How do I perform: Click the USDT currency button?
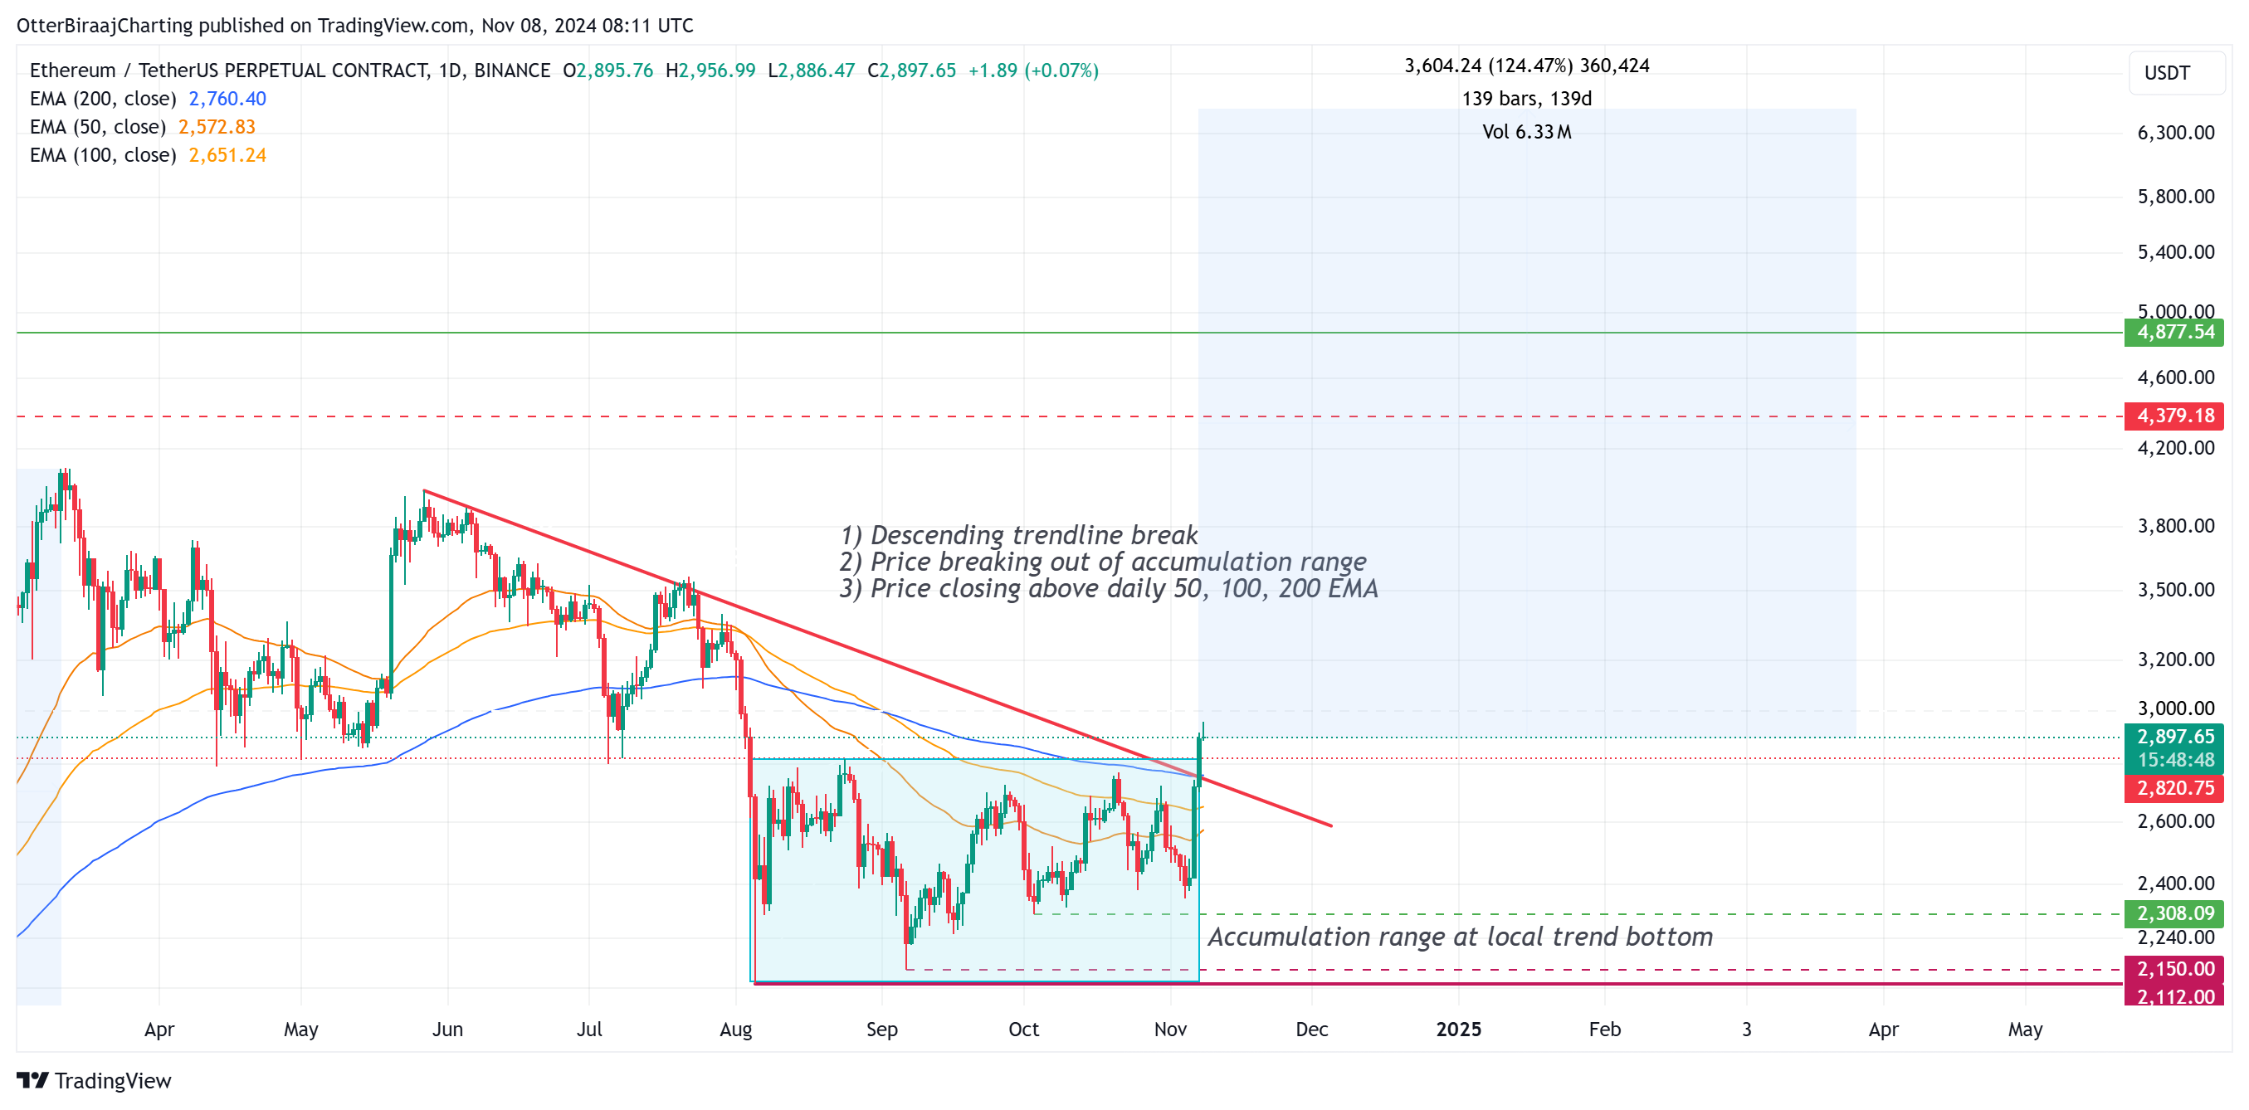[2167, 73]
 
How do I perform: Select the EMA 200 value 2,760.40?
[227, 100]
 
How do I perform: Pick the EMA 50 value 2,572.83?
[217, 128]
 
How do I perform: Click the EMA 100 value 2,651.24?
[227, 155]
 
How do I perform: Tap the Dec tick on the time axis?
[1311, 1030]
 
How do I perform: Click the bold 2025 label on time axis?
[1458, 1030]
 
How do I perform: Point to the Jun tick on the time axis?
[447, 1030]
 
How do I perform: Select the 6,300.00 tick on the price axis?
[2175, 134]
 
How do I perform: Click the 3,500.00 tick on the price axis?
[2175, 590]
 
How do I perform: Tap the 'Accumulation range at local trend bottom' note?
[1459, 937]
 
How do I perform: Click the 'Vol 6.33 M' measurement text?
[1526, 133]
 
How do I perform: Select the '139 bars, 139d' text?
[1526, 100]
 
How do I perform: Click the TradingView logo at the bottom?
[95, 1081]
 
